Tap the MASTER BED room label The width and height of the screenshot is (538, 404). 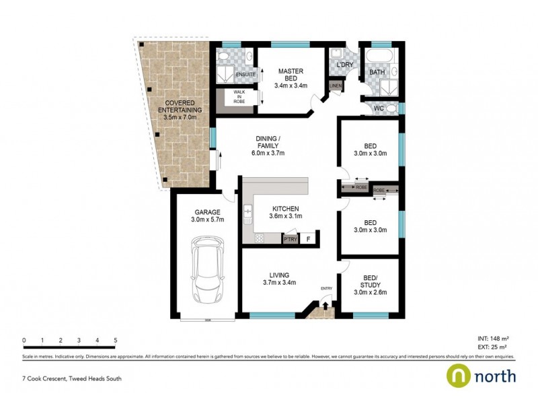[291, 71]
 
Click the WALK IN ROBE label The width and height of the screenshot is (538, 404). [239, 96]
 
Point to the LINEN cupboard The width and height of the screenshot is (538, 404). [335, 86]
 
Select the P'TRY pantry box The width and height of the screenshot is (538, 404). [291, 238]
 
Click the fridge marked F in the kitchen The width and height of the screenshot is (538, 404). [309, 238]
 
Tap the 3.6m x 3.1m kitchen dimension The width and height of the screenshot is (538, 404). [286, 216]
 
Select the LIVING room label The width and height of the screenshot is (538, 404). [279, 275]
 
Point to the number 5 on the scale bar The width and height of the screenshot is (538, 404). [116, 340]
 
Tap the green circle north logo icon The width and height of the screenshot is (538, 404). [459, 376]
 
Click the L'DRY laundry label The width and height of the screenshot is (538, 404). [344, 64]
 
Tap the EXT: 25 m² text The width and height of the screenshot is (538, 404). [492, 347]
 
